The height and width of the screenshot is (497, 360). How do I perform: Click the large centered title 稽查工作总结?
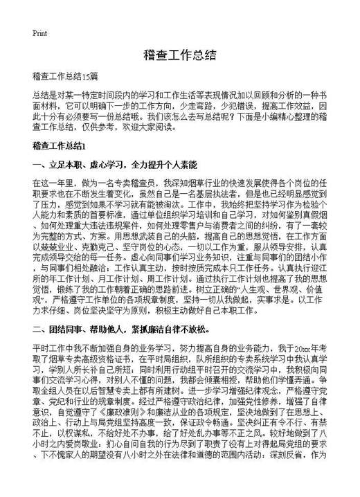[180, 55]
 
